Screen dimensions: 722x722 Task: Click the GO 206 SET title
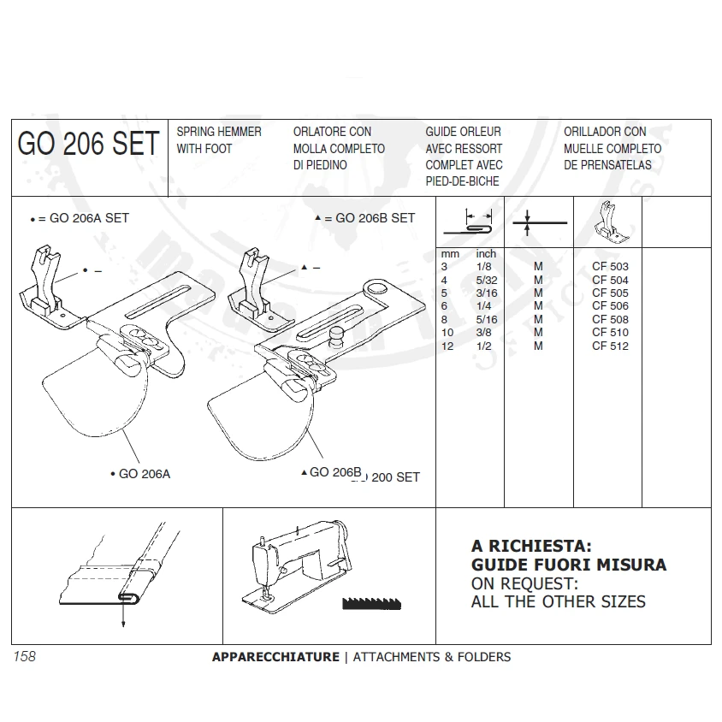pyautogui.click(x=88, y=145)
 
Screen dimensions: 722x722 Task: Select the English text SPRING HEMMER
pyautogui.click(x=218, y=132)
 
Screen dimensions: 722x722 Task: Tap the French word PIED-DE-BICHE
pyautogui.click(x=462, y=181)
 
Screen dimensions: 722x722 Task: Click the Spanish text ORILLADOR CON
pyautogui.click(x=605, y=132)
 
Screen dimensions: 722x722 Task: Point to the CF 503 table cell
pyautogui.click(x=610, y=267)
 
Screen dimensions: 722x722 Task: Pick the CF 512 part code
pyautogui.click(x=610, y=346)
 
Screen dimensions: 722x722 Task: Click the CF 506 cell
pyautogui.click(x=610, y=306)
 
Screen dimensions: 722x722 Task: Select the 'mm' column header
pyautogui.click(x=450, y=254)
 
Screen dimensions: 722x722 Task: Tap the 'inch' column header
pyautogui.click(x=486, y=254)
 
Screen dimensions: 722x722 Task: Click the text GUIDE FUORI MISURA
pyautogui.click(x=568, y=565)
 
